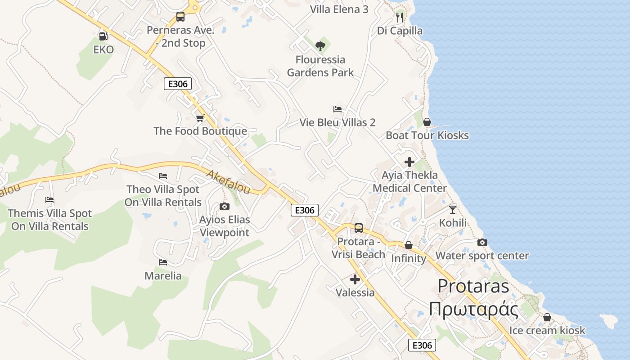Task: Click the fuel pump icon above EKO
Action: tap(103, 36)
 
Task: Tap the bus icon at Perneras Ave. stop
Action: tap(180, 17)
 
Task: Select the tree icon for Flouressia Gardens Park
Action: tap(320, 46)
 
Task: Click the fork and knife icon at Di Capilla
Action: tap(400, 18)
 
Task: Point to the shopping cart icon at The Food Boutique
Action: tap(200, 118)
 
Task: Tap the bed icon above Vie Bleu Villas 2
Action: tap(337, 109)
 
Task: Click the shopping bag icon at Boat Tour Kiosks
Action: tap(427, 122)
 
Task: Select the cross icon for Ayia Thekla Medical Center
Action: tap(409, 162)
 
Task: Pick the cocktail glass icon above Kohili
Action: tap(453, 210)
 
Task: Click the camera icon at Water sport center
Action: tap(482, 243)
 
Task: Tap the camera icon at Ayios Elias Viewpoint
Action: tap(224, 207)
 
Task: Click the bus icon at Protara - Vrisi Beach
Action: tap(359, 228)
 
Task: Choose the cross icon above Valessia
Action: tap(355, 279)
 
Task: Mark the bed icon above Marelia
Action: tap(163, 262)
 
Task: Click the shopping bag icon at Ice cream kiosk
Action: tap(547, 318)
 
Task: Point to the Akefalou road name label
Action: tap(228, 182)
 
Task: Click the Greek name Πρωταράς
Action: tap(473, 310)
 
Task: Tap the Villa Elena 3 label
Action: tap(339, 9)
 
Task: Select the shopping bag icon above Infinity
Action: tap(409, 245)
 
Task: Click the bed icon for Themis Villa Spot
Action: tap(49, 200)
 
